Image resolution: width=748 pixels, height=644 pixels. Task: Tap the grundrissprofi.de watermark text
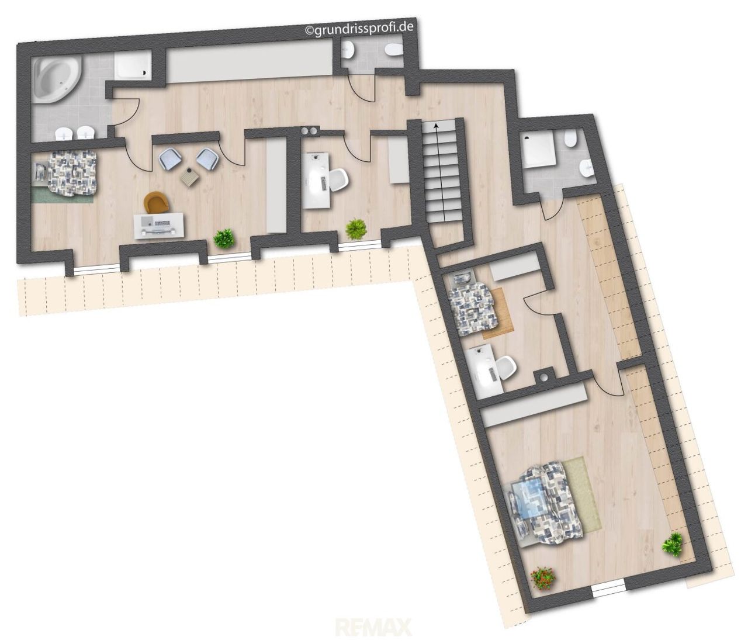tap(359, 29)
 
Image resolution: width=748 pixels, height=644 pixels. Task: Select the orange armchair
tap(156, 202)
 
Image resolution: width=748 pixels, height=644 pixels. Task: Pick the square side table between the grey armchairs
tap(191, 177)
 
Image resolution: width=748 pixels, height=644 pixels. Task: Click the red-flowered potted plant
tap(543, 579)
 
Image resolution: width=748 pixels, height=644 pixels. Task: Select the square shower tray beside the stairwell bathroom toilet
tap(539, 150)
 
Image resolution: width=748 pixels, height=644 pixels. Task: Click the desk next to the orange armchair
tap(159, 226)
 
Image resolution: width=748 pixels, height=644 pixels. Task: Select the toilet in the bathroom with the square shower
tap(569, 139)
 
